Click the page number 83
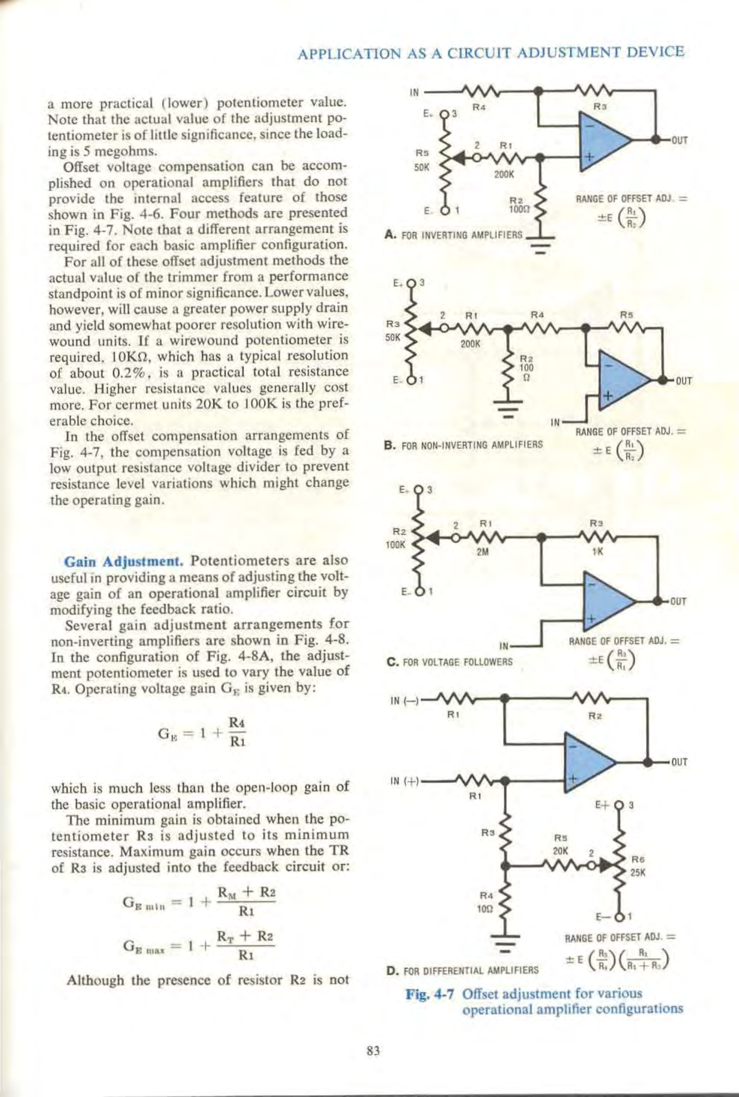pyautogui.click(x=373, y=1051)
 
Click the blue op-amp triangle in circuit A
pyautogui.click(x=603, y=141)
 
